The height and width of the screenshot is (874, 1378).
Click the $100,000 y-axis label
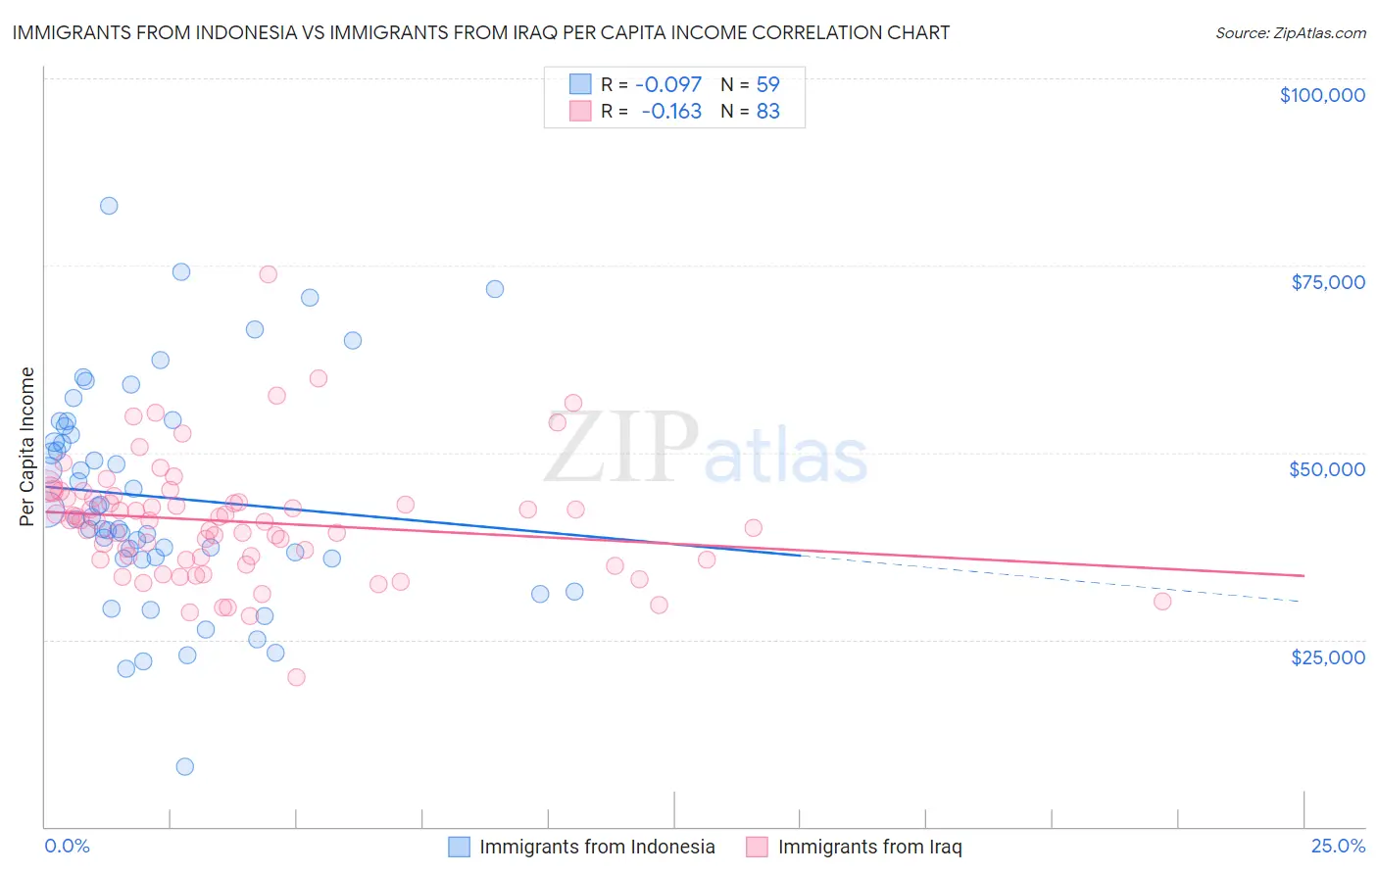click(x=1322, y=95)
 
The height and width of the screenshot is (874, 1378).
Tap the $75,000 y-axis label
click(x=1327, y=282)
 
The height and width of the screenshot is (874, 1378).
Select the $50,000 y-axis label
click(x=1327, y=469)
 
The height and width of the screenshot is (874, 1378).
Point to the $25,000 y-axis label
click(x=1327, y=656)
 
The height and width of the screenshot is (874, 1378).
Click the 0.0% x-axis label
click(x=67, y=846)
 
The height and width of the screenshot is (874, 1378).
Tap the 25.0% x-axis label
click(x=1338, y=846)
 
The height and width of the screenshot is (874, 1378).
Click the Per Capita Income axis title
click(x=27, y=446)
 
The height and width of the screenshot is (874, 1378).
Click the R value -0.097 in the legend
click(x=668, y=84)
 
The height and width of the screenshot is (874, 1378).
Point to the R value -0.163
click(x=671, y=111)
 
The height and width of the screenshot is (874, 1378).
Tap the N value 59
click(x=767, y=84)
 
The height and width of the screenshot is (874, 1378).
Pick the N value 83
click(x=767, y=111)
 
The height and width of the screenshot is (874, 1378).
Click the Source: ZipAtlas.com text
click(x=1290, y=32)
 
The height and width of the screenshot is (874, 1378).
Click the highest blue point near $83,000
click(x=109, y=206)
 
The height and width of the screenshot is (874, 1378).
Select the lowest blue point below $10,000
click(x=184, y=766)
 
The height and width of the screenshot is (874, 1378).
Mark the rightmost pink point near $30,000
click(x=1162, y=602)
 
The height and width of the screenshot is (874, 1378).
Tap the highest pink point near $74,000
click(x=268, y=274)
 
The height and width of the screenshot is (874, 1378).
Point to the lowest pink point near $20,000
click(x=296, y=677)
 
